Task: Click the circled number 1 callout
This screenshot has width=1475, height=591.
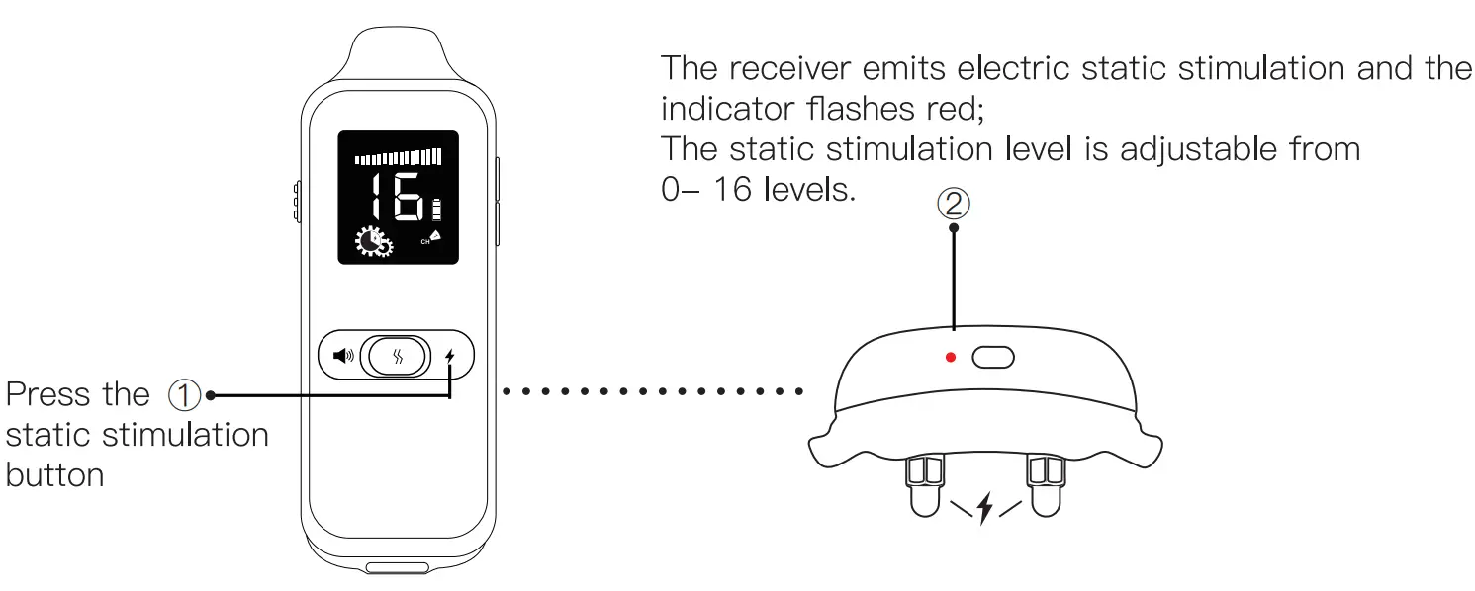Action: pos(185,395)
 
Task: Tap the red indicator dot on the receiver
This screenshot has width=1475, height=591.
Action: pos(951,357)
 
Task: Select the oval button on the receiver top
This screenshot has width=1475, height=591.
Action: pos(993,357)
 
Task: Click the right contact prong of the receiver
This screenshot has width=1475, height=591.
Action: pos(1045,484)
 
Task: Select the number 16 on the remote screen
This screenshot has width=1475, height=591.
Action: pos(398,196)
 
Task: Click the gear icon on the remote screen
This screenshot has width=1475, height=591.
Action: pos(374,243)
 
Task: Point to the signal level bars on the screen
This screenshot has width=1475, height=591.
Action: pos(399,155)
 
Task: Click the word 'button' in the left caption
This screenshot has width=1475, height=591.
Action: pos(54,475)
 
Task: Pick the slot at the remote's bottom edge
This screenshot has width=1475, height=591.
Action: pos(397,568)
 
